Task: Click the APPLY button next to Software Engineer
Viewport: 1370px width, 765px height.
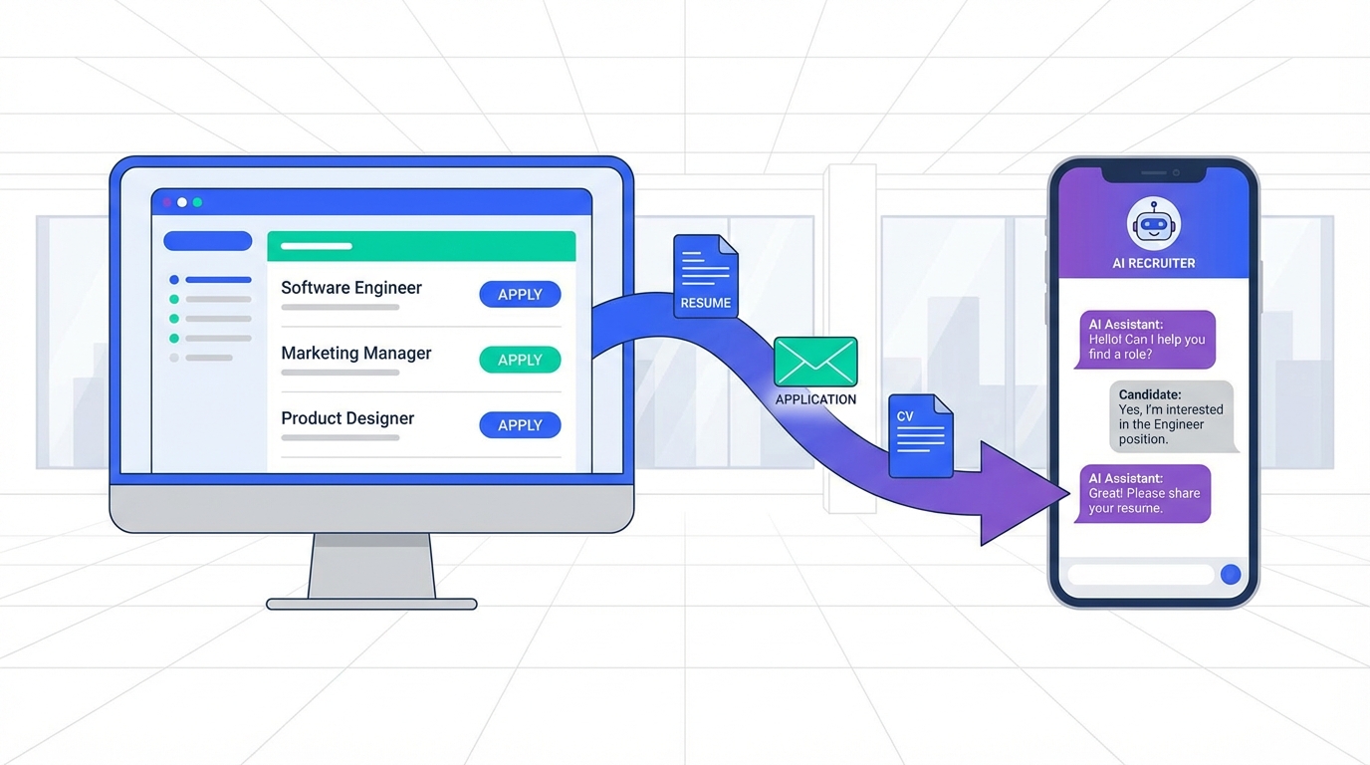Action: click(x=520, y=294)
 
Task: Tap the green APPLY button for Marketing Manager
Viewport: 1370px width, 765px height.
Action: click(x=520, y=360)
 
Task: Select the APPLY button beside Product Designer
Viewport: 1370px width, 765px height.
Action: click(x=520, y=425)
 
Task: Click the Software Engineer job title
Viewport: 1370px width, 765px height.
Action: click(x=351, y=288)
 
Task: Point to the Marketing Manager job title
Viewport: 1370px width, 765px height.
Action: click(x=356, y=354)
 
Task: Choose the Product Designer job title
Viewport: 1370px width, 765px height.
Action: click(x=347, y=418)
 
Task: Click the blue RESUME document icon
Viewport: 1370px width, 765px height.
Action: click(x=706, y=276)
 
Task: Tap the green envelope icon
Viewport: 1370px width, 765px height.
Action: click(x=815, y=361)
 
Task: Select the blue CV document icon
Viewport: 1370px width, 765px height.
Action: click(x=920, y=435)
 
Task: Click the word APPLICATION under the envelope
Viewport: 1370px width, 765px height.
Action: click(x=815, y=399)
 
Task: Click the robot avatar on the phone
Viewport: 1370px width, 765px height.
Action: click(x=1154, y=223)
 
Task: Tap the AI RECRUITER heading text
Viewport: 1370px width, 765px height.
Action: click(x=1154, y=264)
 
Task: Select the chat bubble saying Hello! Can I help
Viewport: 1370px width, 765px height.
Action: click(x=1146, y=340)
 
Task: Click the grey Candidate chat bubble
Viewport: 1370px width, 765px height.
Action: click(x=1171, y=416)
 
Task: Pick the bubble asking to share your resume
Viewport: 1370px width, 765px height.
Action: click(x=1144, y=493)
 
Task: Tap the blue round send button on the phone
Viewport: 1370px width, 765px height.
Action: click(x=1231, y=574)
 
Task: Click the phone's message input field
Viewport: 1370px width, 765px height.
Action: click(x=1140, y=574)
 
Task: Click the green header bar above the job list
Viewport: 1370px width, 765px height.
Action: click(x=421, y=246)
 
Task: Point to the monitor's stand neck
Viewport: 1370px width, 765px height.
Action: click(x=371, y=566)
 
